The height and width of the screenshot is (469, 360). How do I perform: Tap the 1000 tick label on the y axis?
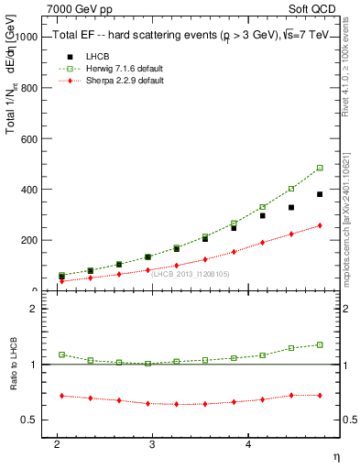27,38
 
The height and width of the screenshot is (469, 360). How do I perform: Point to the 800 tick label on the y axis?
30,89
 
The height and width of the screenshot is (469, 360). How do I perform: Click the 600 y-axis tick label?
30,139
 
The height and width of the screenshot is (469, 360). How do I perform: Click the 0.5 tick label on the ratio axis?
30,420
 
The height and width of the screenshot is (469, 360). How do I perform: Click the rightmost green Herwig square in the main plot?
320,168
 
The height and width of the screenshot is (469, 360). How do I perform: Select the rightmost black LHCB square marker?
320,194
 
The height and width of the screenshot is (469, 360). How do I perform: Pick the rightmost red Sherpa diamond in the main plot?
320,225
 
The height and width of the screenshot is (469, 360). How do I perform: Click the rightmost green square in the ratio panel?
320,344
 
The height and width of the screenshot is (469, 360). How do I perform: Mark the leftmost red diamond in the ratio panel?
61,396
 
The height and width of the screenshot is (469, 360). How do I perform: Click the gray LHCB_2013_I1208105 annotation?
191,273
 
